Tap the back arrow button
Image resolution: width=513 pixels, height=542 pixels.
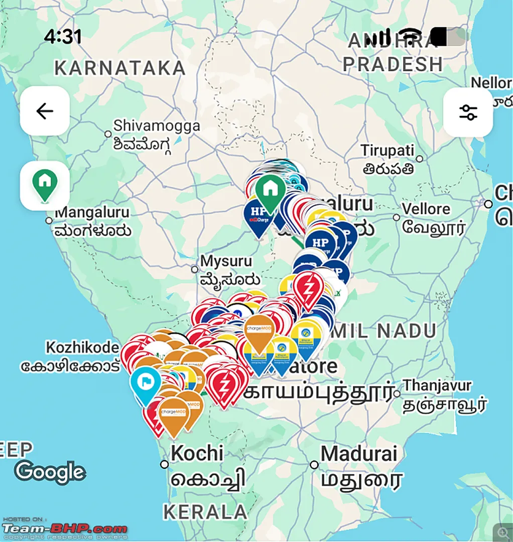click(x=45, y=111)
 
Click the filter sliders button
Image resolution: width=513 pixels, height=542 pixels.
click(x=468, y=112)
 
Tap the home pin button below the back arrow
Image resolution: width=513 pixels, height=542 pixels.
click(x=45, y=185)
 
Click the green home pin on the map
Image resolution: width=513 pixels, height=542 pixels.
click(x=270, y=189)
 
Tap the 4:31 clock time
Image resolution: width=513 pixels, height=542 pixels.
click(x=62, y=36)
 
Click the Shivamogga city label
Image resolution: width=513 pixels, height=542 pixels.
click(x=156, y=126)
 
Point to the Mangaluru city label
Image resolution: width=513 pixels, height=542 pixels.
click(x=92, y=213)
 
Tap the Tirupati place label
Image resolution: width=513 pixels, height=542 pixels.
click(x=388, y=151)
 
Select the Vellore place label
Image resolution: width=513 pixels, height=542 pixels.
click(x=426, y=209)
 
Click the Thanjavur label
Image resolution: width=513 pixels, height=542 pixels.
click(x=438, y=385)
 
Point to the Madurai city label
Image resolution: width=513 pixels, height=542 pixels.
click(x=359, y=454)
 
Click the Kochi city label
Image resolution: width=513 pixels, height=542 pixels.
click(x=197, y=453)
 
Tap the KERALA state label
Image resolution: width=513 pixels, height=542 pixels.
click(x=205, y=512)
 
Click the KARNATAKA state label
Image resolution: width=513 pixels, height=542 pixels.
click(x=120, y=68)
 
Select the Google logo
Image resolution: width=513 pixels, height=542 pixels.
click(x=50, y=472)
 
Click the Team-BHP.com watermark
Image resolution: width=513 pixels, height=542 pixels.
click(x=65, y=529)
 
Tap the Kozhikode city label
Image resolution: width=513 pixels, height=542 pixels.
click(x=82, y=347)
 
